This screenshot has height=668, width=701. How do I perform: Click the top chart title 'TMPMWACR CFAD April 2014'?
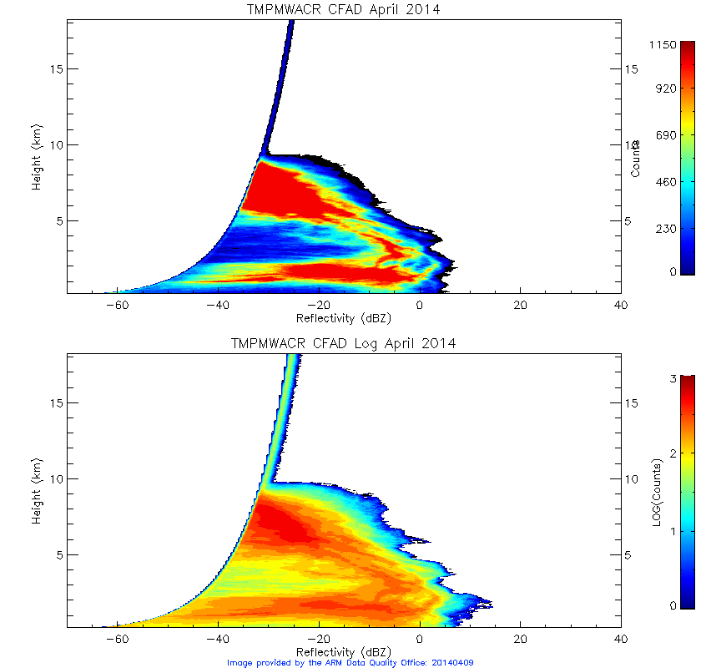tap(343, 10)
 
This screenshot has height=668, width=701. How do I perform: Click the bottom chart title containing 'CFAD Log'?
tap(343, 344)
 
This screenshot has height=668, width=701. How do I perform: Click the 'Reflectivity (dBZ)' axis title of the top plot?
tap(343, 319)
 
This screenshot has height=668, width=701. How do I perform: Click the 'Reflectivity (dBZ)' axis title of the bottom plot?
tap(343, 651)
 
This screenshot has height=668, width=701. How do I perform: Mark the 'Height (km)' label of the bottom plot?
tap(37, 491)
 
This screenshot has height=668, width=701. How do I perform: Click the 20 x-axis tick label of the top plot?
tap(520, 306)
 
